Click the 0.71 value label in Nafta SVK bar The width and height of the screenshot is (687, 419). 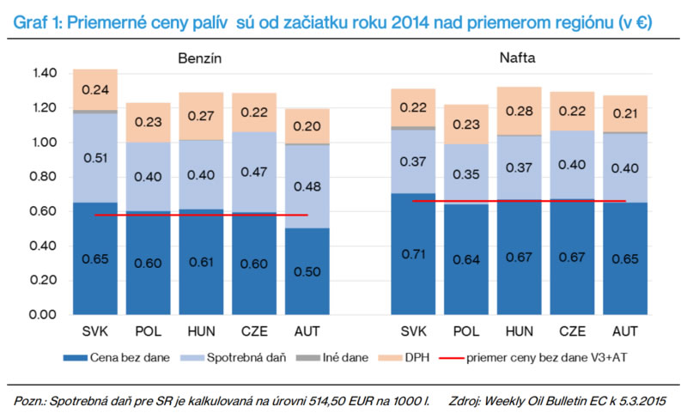[x=413, y=255]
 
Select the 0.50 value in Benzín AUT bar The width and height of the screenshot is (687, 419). [x=307, y=271]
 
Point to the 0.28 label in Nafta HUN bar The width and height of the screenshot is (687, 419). [x=520, y=111]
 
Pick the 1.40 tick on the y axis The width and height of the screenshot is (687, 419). [x=43, y=74]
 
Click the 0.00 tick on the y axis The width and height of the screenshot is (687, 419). [x=43, y=315]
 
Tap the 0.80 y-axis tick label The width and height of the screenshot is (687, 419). [x=43, y=177]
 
